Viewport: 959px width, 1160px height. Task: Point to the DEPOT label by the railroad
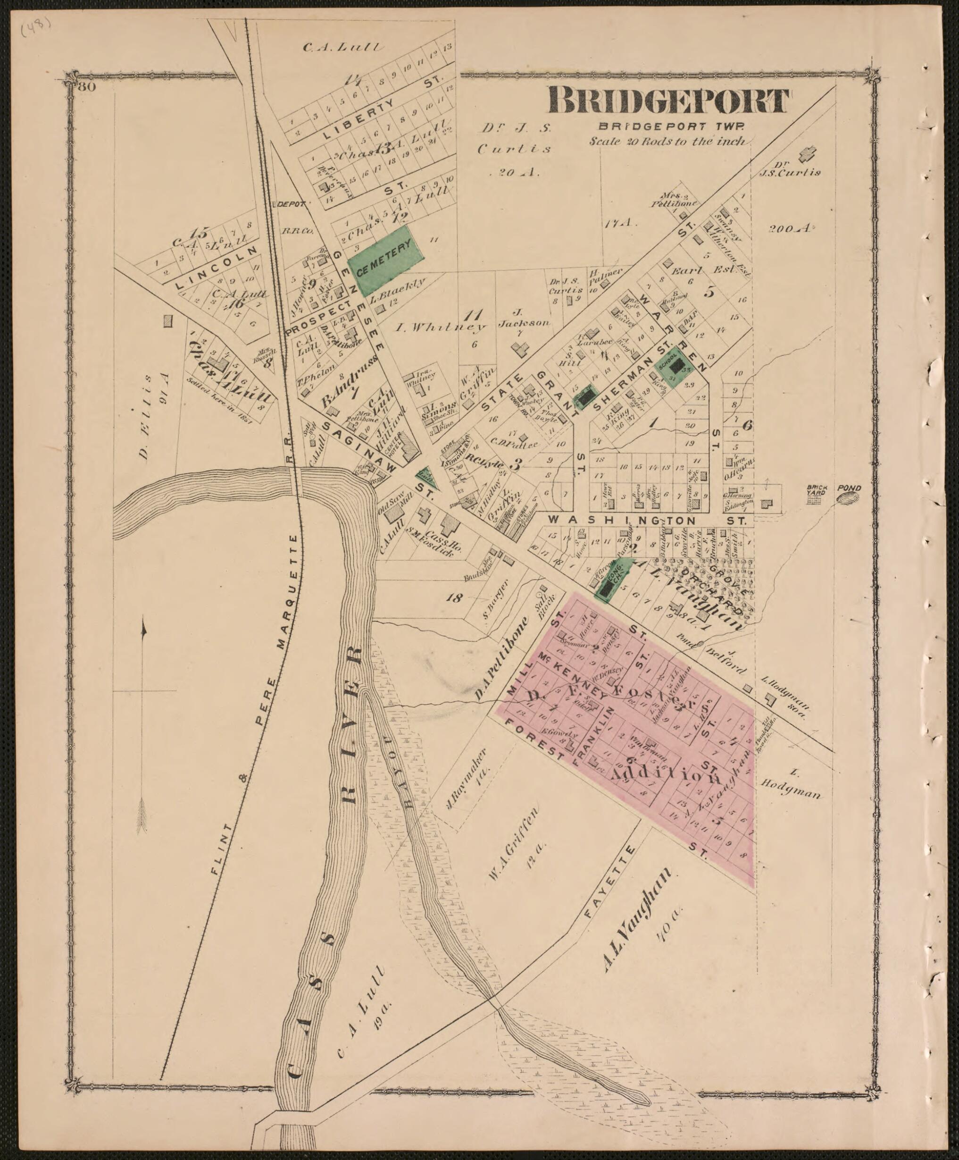(x=291, y=204)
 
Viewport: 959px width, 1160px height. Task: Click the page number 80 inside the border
(x=87, y=87)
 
